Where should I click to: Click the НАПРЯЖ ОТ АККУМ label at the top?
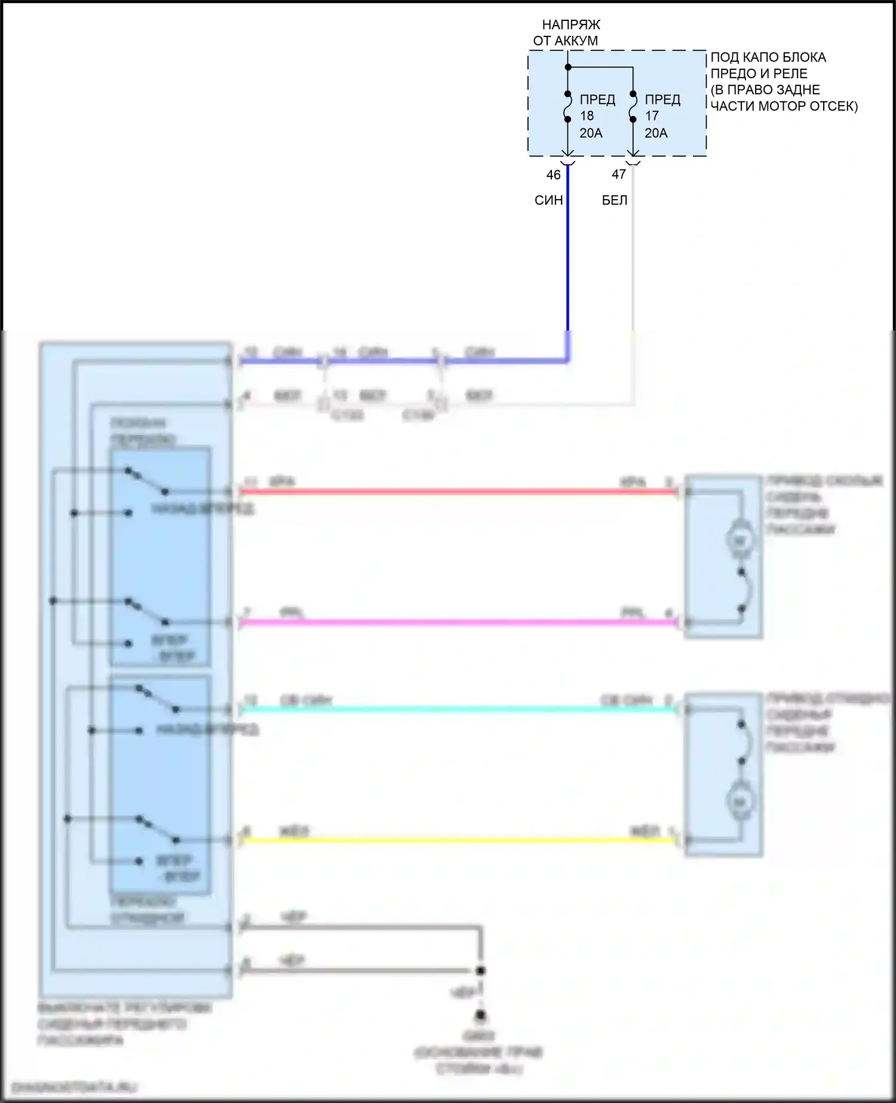(x=566, y=32)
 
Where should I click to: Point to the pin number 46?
(x=554, y=174)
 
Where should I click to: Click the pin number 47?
(x=619, y=174)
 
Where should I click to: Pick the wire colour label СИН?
(x=548, y=200)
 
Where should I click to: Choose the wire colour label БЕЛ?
(x=614, y=200)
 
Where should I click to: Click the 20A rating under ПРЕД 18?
(x=591, y=133)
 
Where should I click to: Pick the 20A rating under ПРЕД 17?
(x=656, y=133)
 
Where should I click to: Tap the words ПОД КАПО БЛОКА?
(x=768, y=57)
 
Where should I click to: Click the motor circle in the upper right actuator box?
(x=739, y=541)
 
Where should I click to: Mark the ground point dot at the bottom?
(x=480, y=1015)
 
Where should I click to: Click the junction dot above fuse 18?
(x=568, y=67)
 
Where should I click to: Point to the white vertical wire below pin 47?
(x=633, y=251)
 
